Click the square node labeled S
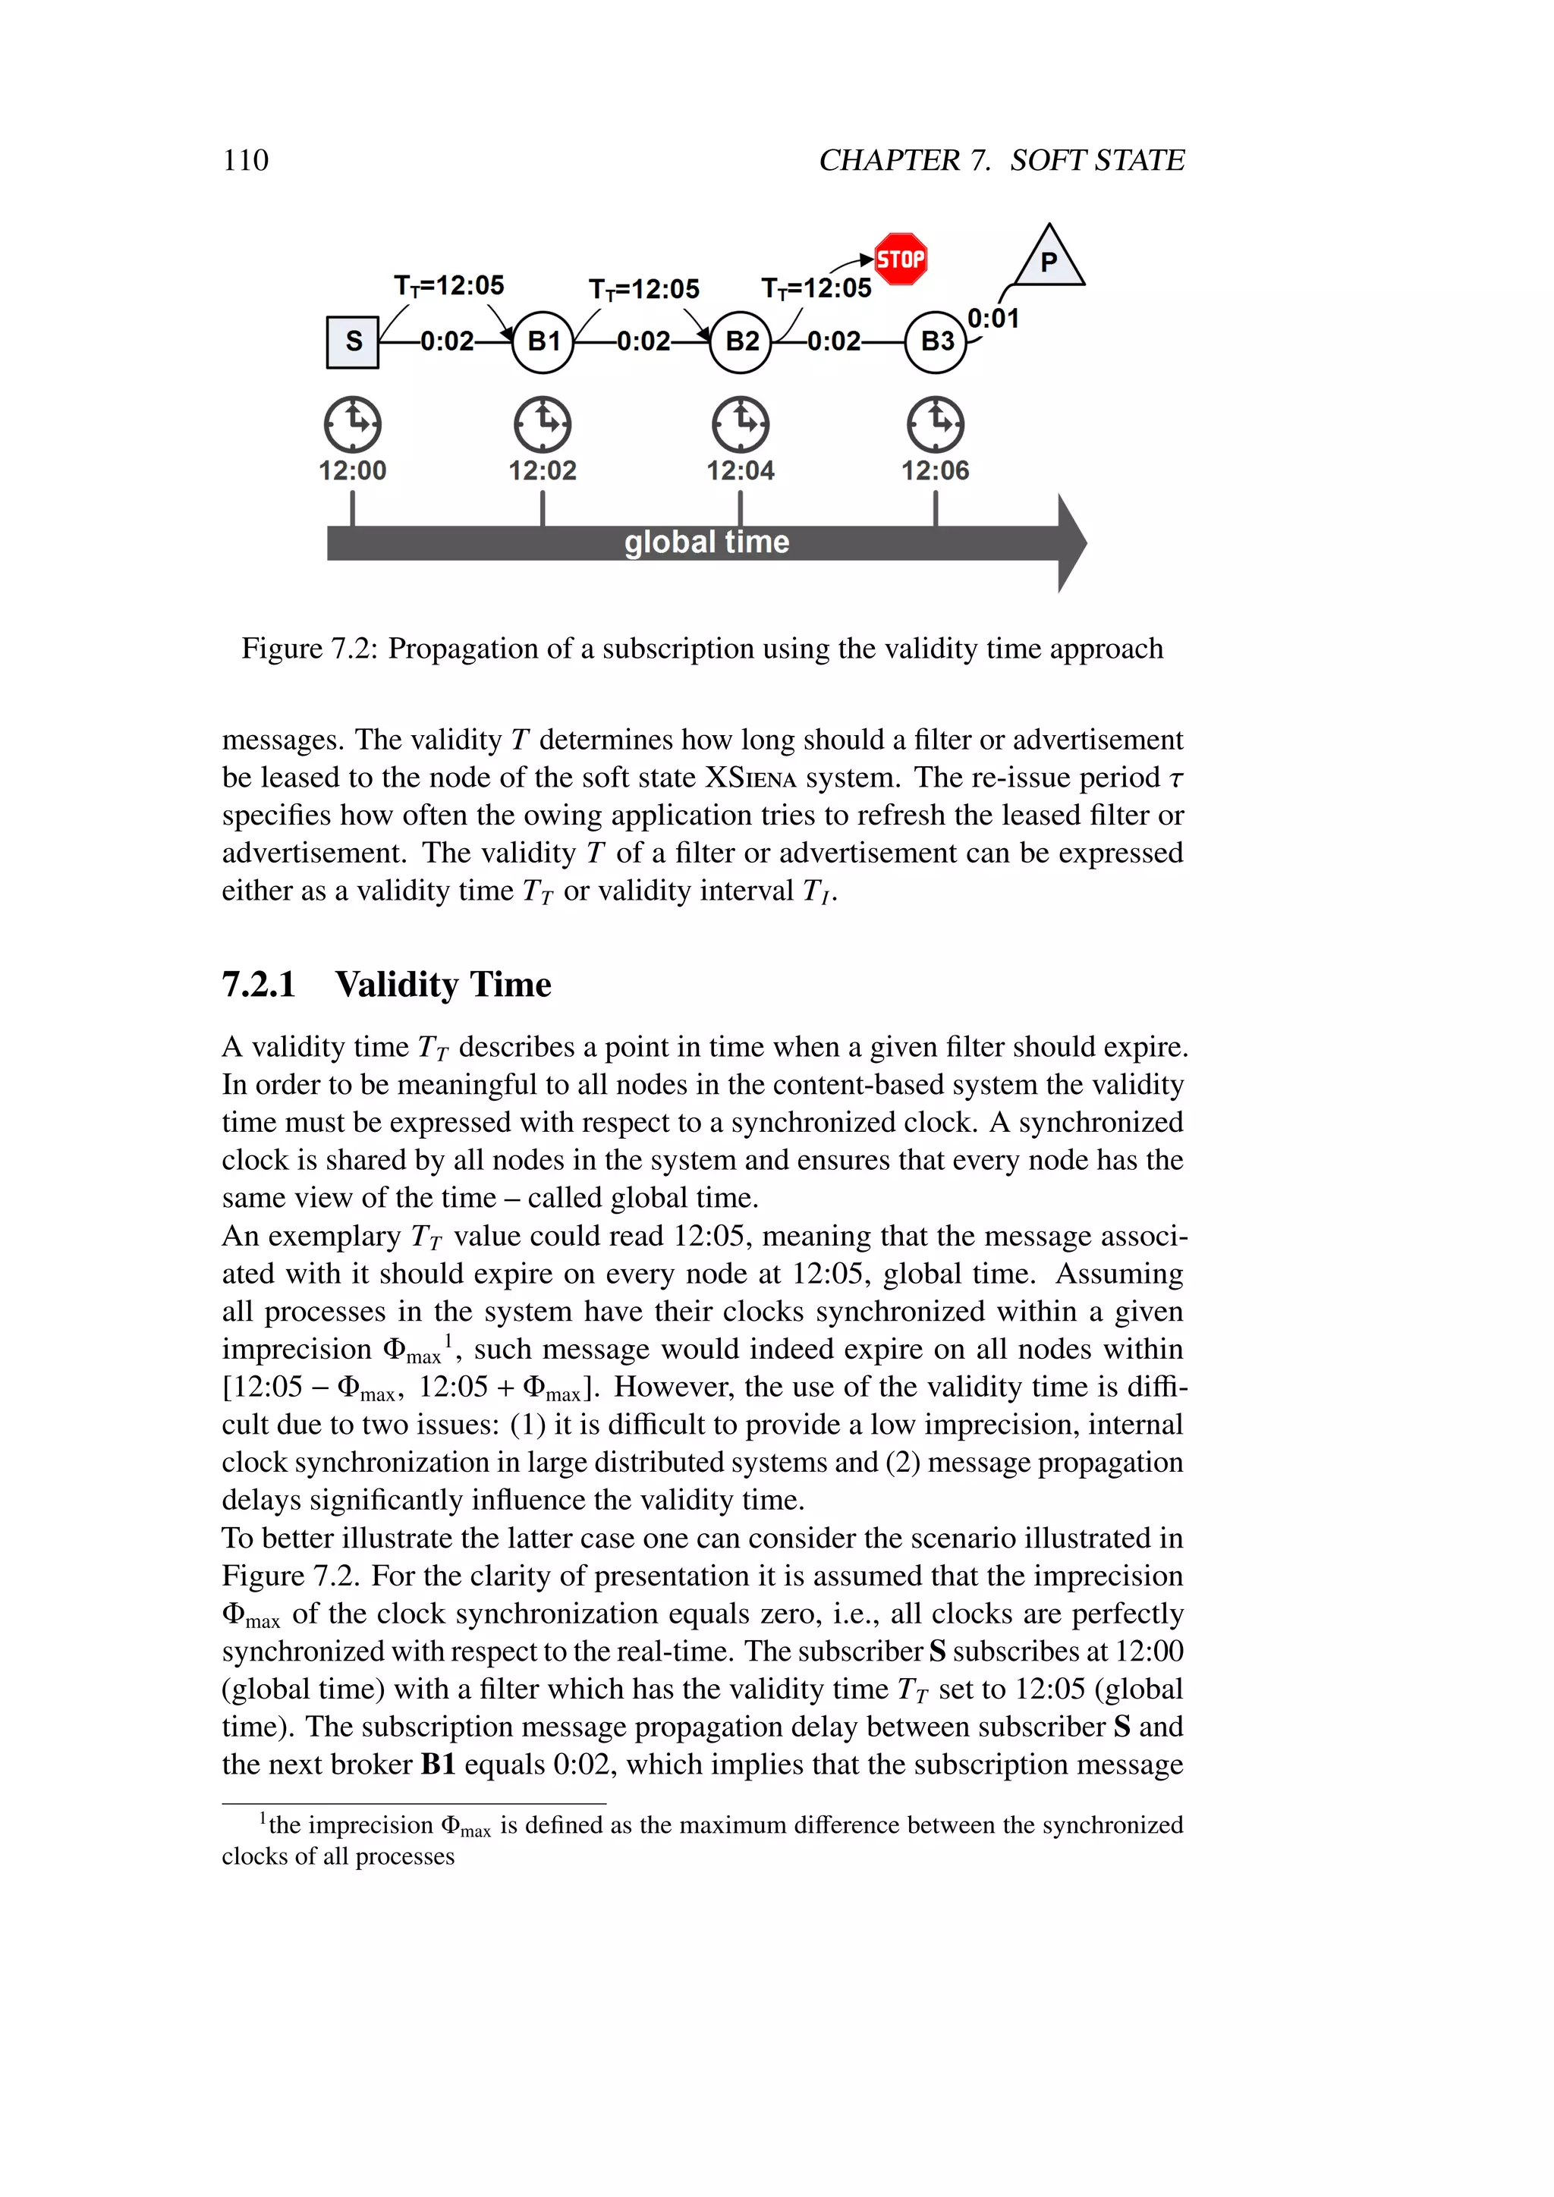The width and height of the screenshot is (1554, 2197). (x=352, y=341)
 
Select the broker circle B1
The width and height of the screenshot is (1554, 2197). (x=543, y=341)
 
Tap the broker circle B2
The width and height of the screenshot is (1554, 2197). (x=741, y=341)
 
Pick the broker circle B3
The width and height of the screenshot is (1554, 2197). (x=936, y=341)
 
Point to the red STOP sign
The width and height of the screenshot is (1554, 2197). (x=901, y=259)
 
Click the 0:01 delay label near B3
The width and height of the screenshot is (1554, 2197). (x=993, y=319)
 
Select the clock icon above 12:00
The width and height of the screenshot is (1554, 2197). (x=352, y=424)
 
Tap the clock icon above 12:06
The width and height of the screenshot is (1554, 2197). (x=936, y=424)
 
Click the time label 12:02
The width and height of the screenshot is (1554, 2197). (x=543, y=471)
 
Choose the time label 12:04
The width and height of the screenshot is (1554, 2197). (x=741, y=471)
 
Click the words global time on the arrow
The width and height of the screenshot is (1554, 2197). (x=706, y=542)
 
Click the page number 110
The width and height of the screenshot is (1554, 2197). (x=246, y=160)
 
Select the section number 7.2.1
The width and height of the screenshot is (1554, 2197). (x=258, y=985)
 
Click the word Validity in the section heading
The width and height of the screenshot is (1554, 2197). (x=397, y=985)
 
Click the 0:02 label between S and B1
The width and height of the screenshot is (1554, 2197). (x=447, y=341)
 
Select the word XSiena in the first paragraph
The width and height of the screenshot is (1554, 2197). (x=750, y=778)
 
